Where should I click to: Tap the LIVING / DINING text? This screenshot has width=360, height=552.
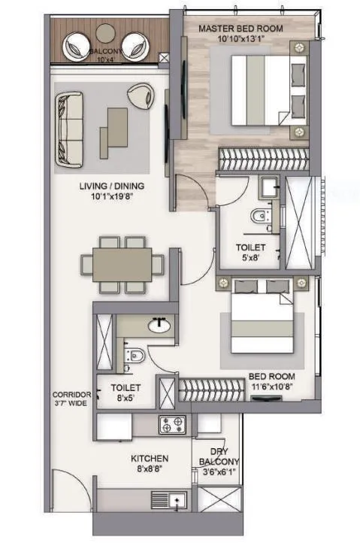click(112, 187)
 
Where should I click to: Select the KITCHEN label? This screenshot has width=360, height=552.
click(150, 458)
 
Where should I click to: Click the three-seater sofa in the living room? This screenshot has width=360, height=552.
click(69, 129)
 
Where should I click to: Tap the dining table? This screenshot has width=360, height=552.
click(122, 265)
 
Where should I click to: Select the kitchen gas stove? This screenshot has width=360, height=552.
click(174, 425)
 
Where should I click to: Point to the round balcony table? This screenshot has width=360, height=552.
click(106, 33)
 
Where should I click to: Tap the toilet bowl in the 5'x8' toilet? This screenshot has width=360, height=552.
click(260, 216)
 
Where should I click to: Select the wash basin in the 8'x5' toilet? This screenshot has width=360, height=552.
click(159, 326)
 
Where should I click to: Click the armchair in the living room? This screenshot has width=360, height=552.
click(139, 95)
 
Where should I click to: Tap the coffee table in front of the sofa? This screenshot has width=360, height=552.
click(113, 131)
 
